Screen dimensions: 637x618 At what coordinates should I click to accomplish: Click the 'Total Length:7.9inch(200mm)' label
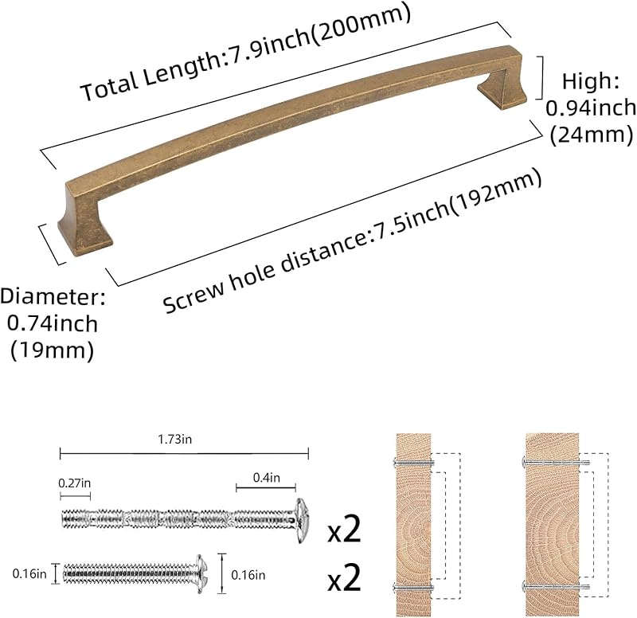[246, 51]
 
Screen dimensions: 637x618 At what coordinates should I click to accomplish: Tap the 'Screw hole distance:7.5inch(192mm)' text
[352, 241]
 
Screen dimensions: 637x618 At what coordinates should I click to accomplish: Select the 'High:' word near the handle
[591, 82]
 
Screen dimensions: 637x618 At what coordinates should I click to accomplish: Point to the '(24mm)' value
[592, 135]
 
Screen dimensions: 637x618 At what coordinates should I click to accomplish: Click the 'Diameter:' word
[53, 297]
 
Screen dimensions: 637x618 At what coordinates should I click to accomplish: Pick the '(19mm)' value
[52, 350]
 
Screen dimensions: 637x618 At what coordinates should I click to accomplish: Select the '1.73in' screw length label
[175, 440]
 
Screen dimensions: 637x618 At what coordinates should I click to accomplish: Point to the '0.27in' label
[75, 483]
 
